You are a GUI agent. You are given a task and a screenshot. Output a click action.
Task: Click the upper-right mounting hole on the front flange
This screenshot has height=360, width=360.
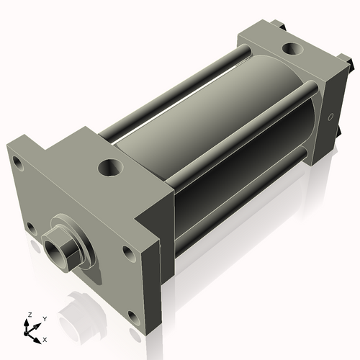pos(128,253)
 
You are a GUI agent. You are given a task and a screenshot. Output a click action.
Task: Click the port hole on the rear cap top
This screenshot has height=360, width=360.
pos(293,49)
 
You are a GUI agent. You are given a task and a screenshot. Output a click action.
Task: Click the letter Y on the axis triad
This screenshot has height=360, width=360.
pos(44,318)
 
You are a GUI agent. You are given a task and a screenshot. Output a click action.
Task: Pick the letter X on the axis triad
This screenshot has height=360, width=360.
pos(45,338)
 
